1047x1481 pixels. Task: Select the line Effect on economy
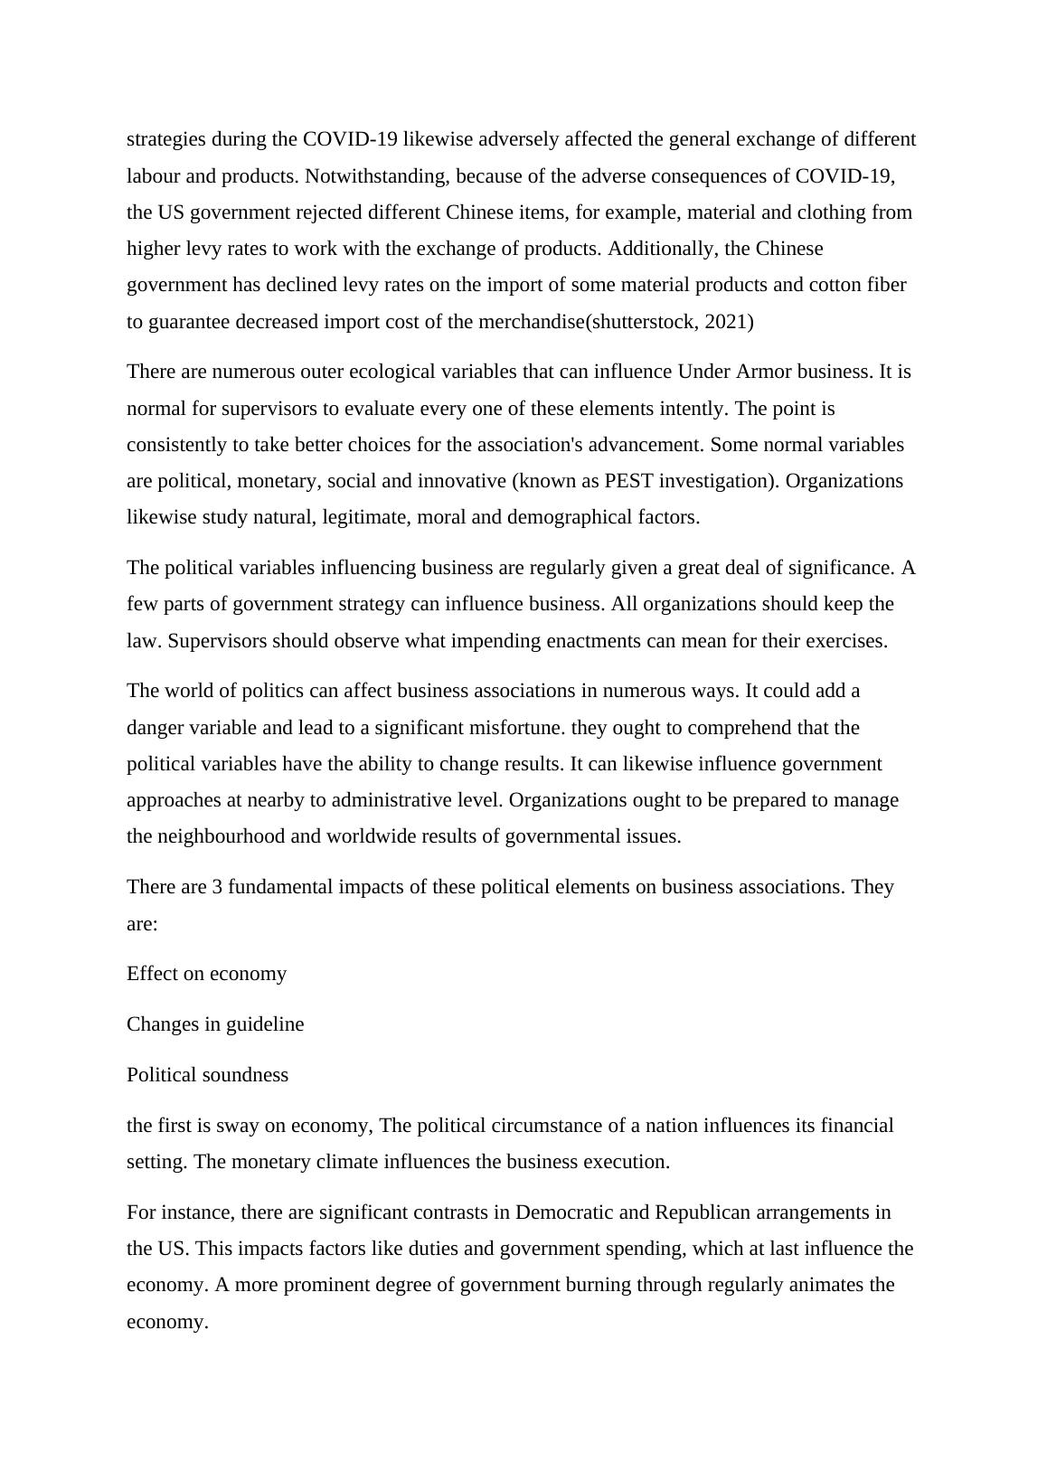pos(206,974)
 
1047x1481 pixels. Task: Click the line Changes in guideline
pos(215,1024)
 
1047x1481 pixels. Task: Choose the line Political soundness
pos(207,1075)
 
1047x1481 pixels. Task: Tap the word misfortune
pos(512,728)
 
